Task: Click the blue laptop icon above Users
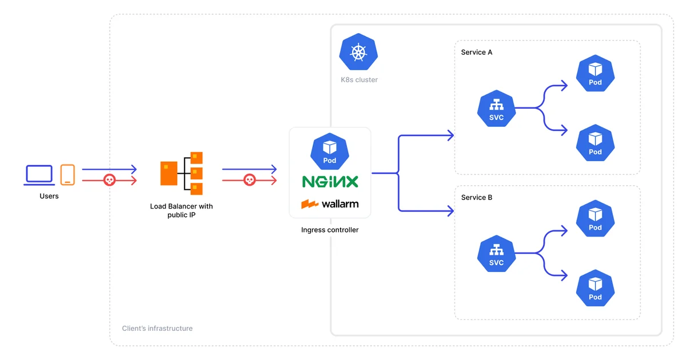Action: pos(39,175)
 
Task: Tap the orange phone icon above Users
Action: pos(67,175)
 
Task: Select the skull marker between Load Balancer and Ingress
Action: pos(249,181)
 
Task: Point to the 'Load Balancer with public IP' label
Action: pos(181,210)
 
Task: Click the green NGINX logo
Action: pos(330,182)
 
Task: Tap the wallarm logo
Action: pos(330,203)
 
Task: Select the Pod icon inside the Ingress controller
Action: pos(330,151)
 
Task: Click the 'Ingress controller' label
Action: pos(330,230)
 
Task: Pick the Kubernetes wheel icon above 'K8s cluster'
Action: pos(358,53)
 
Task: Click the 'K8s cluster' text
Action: pos(359,79)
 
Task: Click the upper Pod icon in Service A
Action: pos(595,73)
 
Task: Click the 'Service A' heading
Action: pos(477,53)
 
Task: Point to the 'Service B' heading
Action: pos(477,198)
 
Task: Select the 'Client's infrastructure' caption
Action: pos(157,329)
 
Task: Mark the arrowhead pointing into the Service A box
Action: pos(450,135)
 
